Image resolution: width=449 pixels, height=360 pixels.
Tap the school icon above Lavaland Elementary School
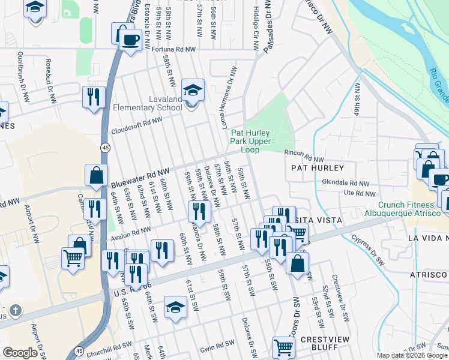point(193,90)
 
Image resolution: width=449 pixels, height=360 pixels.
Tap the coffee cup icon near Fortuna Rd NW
point(130,40)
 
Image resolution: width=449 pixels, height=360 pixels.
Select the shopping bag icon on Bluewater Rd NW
point(96,175)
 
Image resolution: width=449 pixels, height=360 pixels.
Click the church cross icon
point(16,311)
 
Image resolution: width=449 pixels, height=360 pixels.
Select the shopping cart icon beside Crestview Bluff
point(283,346)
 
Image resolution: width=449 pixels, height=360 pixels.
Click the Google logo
point(20,353)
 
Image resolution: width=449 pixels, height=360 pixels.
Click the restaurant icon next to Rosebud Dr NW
point(94,97)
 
